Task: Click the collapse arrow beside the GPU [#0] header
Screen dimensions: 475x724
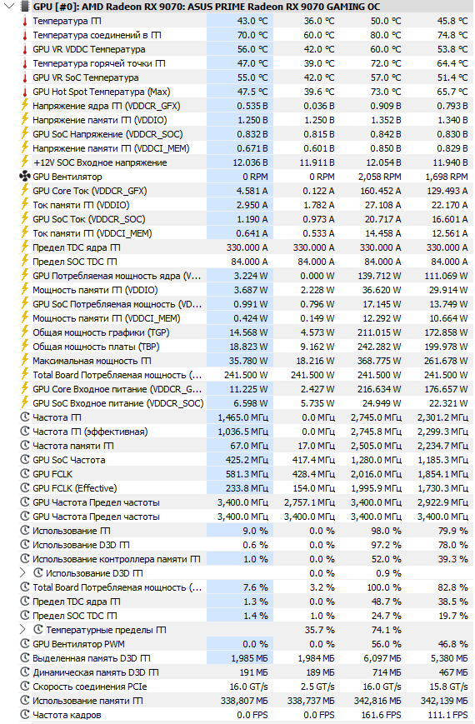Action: pos(9,7)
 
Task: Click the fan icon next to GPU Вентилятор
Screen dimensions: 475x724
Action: pos(24,177)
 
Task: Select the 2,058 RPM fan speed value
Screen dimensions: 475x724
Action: pos(379,177)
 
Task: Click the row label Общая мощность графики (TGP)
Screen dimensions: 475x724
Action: pos(101,332)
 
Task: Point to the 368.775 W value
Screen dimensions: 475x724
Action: pos(379,361)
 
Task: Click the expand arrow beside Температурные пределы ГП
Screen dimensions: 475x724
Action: pos(22,630)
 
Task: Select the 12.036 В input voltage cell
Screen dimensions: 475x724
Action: pos(250,162)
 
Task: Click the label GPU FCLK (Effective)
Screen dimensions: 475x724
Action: pos(75,488)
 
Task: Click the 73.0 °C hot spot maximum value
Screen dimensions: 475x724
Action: pos(386,92)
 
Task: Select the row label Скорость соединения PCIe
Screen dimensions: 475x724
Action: pos(90,687)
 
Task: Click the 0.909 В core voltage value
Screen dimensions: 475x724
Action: pos(385,106)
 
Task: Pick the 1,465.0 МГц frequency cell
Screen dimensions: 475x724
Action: pos(243,417)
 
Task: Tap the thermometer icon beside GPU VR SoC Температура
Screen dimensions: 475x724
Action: pos(25,77)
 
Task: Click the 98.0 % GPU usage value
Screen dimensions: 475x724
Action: pos(387,531)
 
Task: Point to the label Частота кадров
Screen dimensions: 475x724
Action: pos(67,715)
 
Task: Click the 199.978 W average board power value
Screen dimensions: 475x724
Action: pos(446,347)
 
